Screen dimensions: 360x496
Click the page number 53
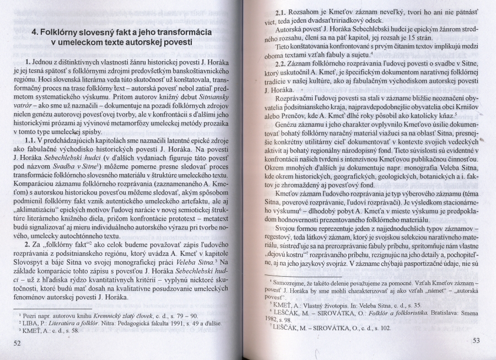[x=476, y=340]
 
